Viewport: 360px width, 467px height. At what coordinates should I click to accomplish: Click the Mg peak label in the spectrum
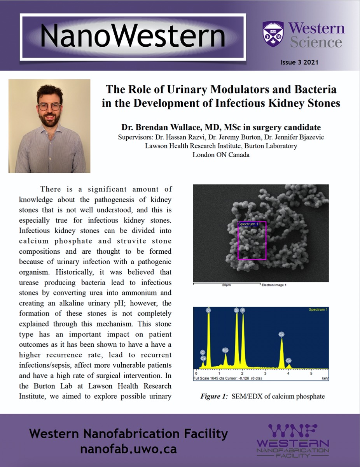click(225, 350)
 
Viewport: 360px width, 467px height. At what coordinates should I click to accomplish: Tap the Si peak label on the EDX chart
click(236, 310)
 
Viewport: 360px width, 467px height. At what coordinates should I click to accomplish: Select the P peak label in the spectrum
click(243, 310)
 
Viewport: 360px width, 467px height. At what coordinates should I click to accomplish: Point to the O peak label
click(209, 310)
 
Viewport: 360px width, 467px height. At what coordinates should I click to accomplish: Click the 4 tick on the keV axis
click(288, 373)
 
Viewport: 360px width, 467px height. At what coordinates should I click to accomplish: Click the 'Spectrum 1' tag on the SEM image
click(248, 224)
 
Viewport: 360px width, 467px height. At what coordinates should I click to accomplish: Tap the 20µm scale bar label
click(227, 285)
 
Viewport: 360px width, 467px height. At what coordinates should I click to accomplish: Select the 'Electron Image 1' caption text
click(274, 285)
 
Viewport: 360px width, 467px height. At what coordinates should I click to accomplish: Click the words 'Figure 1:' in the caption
click(213, 397)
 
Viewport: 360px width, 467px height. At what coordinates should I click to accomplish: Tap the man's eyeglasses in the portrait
click(49, 106)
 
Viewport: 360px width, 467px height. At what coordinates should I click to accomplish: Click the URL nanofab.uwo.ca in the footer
click(128, 449)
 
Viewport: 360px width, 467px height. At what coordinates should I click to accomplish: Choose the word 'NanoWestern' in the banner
click(133, 36)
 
